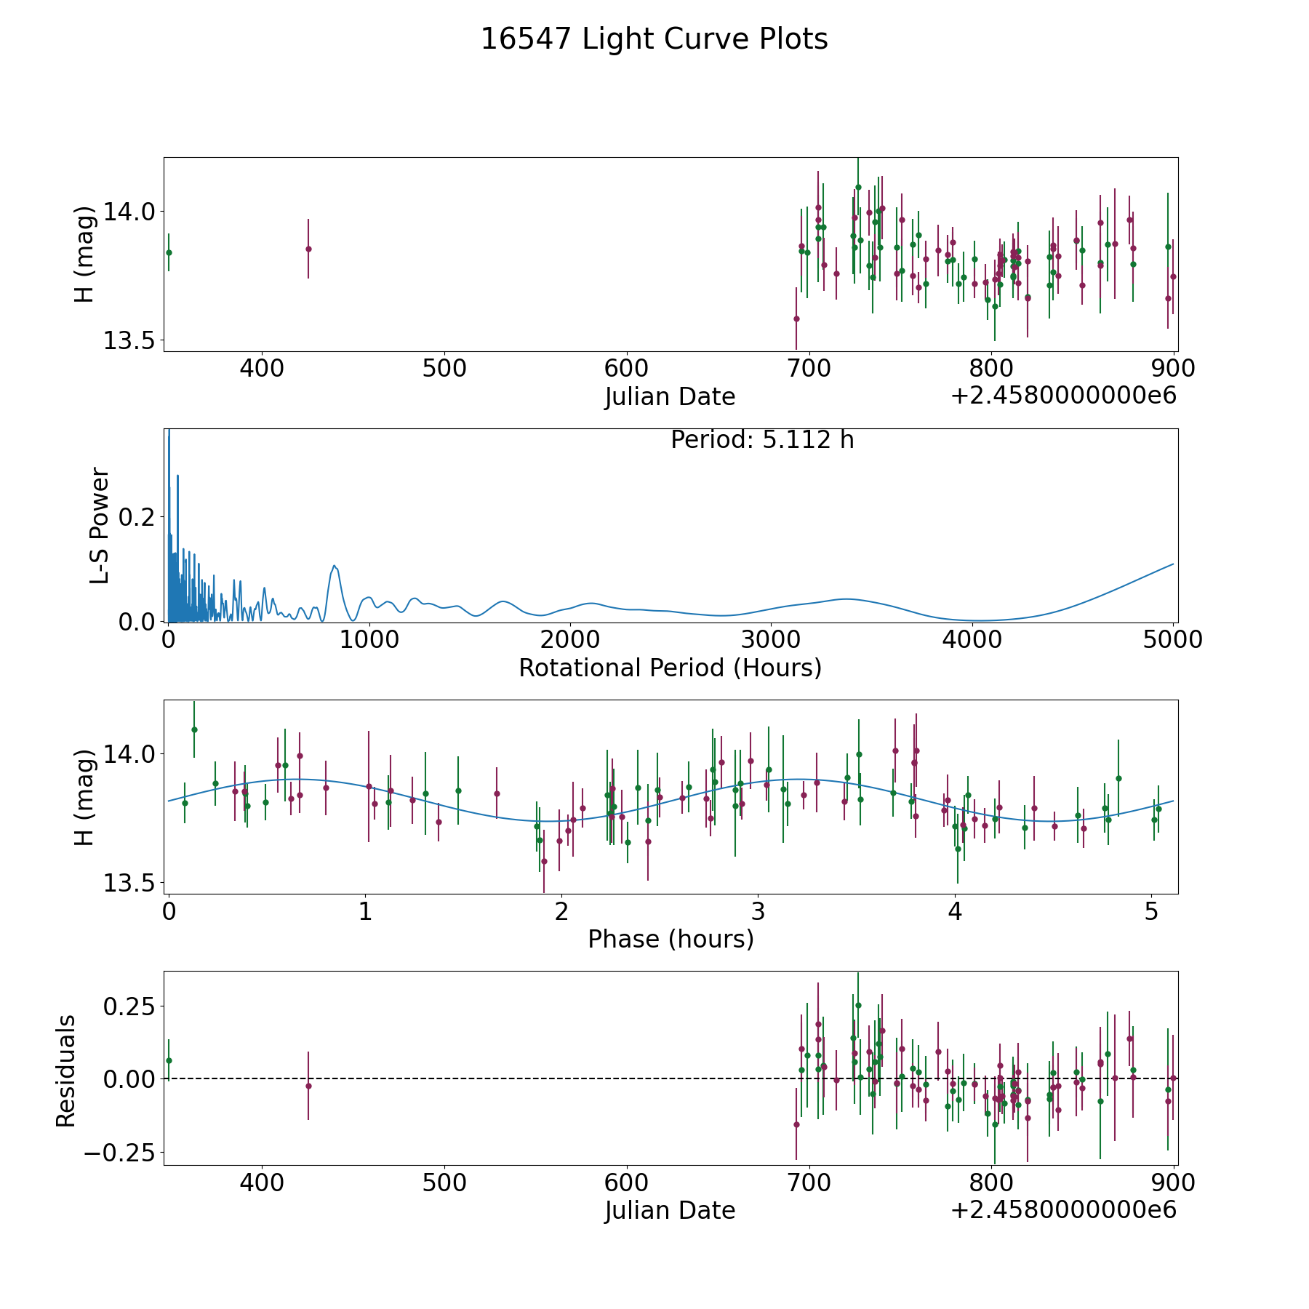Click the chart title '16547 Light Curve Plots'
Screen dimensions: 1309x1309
pos(654,39)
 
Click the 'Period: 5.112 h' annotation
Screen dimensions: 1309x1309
pos(761,440)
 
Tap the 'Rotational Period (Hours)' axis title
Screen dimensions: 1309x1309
pos(670,668)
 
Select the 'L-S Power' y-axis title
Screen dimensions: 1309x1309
pos(100,526)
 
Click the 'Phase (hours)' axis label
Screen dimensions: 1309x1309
pos(670,939)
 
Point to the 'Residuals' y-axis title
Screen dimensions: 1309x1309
pos(66,1071)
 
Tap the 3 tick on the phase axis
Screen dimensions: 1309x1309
pos(758,911)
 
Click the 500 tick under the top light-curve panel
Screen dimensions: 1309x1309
pos(444,369)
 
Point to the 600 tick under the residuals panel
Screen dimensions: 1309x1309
pos(626,1183)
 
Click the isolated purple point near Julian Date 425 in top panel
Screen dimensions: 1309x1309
pos(308,249)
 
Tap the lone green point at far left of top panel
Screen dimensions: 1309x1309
pos(169,252)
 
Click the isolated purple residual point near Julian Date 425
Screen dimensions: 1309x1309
pos(308,1086)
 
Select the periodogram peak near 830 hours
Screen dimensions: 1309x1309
pos(334,566)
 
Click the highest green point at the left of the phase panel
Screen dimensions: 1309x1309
pos(194,729)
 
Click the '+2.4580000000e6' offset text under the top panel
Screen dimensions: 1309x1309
pos(1062,396)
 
